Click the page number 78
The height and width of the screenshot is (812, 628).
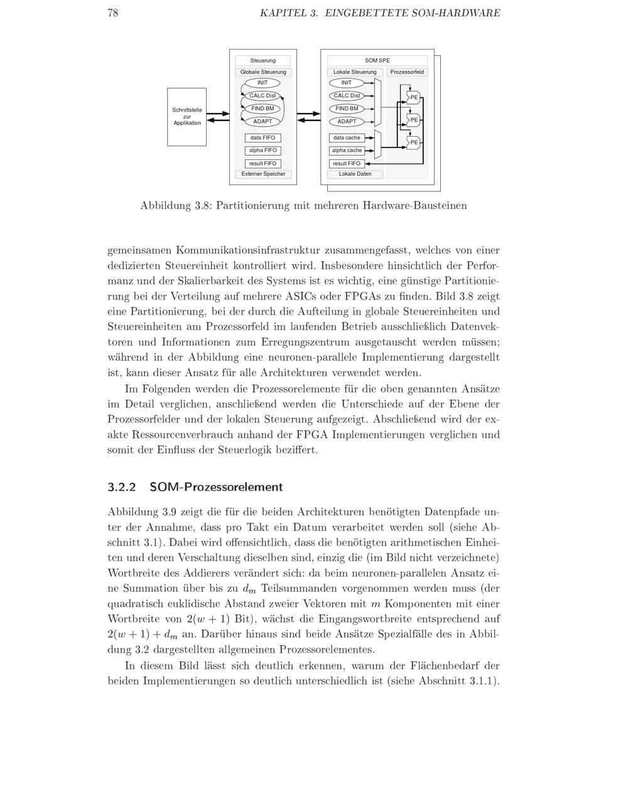pos(113,13)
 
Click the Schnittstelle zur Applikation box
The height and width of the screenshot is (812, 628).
pos(187,117)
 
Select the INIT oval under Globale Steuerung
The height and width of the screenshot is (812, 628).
pos(263,83)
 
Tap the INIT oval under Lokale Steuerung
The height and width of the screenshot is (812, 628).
pos(347,83)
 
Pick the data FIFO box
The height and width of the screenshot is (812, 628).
pos(263,138)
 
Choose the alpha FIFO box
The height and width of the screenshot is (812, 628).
pos(263,151)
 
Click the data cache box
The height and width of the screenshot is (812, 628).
pos(347,138)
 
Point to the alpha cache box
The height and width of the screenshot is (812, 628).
pos(347,151)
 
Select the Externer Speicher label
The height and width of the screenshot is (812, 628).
pos(263,174)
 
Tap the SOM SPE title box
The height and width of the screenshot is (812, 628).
pos(377,61)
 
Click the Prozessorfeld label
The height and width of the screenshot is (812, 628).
pos(407,72)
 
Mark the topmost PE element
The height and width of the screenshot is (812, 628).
pos(413,97)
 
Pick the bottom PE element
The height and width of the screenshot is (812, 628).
pos(413,142)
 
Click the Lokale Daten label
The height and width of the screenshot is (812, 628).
pos(355,174)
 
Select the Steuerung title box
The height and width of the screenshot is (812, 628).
pos(263,61)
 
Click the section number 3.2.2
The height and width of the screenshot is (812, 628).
pos(121,487)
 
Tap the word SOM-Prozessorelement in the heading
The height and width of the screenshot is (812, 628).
pos(216,487)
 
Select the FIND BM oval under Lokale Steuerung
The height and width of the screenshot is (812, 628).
pos(347,109)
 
